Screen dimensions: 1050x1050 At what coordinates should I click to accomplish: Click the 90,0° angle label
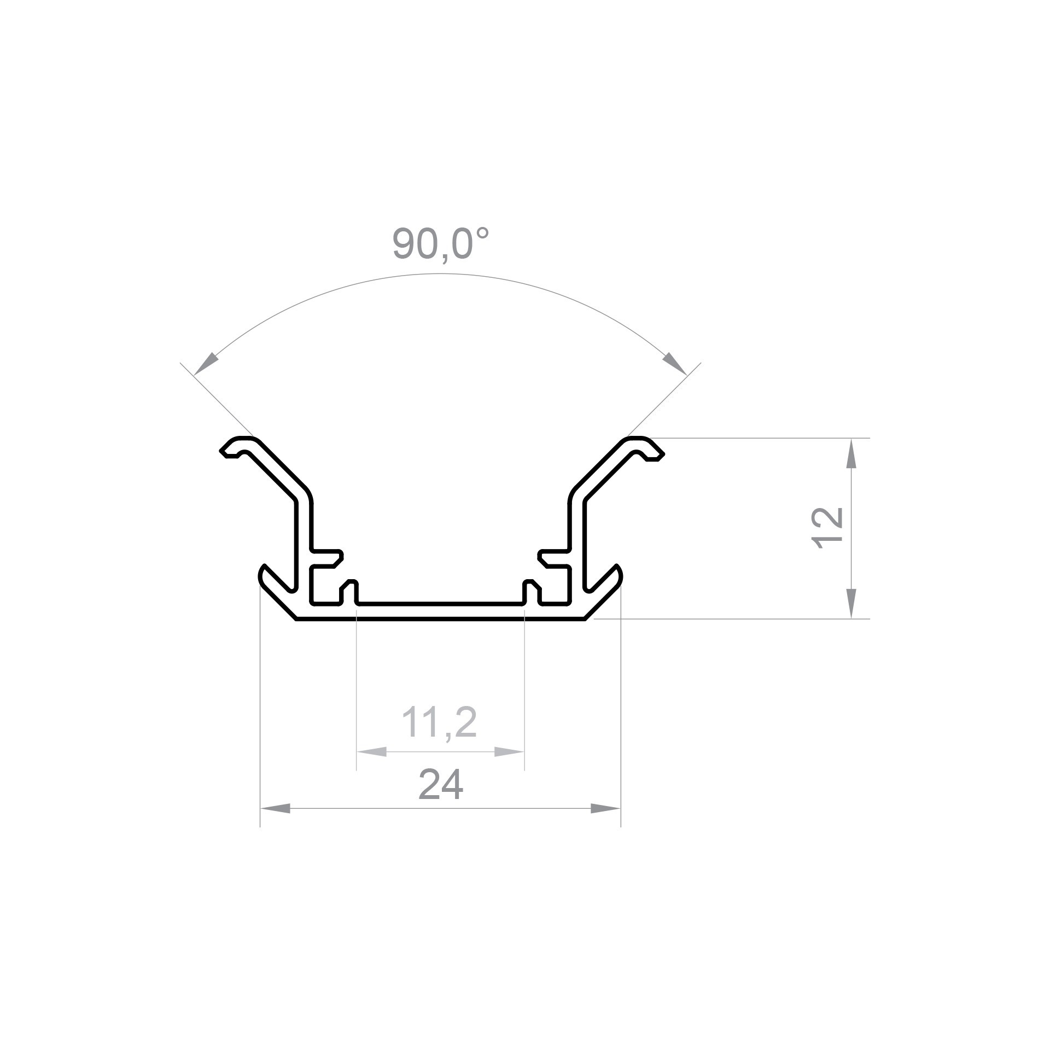point(440,244)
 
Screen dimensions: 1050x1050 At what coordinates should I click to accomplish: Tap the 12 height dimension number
point(827,528)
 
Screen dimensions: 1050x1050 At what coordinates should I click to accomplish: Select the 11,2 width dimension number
point(440,722)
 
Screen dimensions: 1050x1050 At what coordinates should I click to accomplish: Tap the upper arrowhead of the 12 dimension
point(851,454)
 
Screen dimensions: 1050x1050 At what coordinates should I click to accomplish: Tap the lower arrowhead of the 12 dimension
point(851,603)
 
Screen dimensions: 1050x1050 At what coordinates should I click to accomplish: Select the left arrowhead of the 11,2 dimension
point(371,751)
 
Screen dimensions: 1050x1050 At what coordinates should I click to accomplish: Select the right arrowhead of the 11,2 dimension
point(509,751)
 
